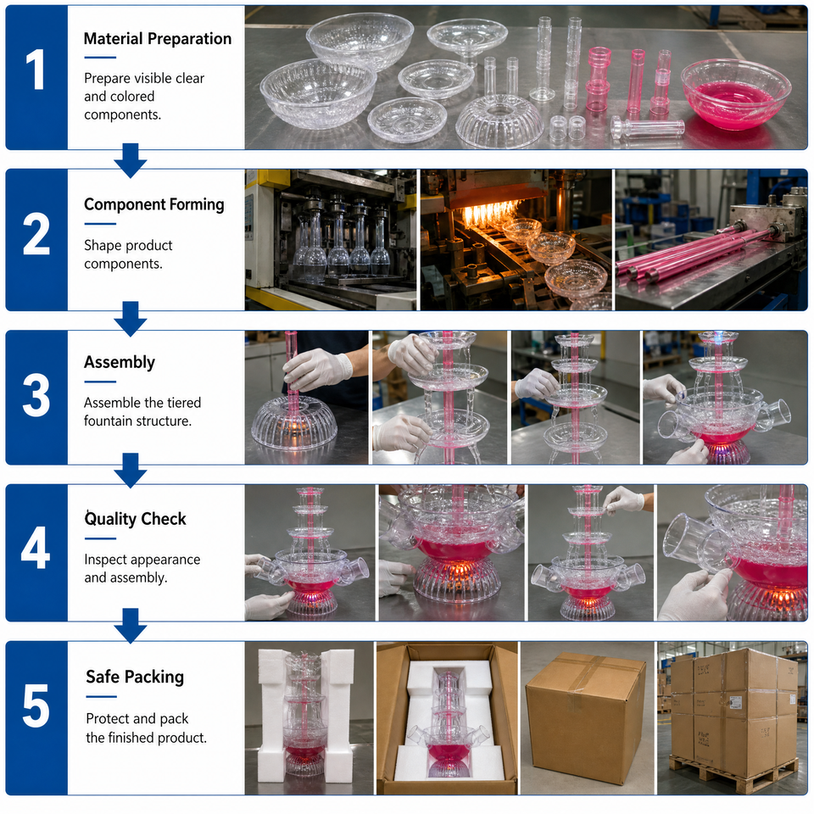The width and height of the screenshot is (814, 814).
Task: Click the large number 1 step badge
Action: (x=36, y=70)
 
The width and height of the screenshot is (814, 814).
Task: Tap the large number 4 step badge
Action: (x=36, y=547)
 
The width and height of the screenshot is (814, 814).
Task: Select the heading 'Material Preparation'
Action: (x=158, y=38)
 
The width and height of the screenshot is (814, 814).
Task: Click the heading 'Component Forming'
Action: (x=154, y=204)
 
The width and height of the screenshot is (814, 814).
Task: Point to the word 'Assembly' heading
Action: (x=120, y=362)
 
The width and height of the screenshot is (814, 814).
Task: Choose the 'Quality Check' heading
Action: (x=135, y=519)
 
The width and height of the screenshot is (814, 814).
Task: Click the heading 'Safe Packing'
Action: (x=135, y=677)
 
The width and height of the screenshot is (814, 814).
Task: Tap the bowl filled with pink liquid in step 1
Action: (x=736, y=94)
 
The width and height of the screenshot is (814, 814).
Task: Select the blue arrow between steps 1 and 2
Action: (x=130, y=160)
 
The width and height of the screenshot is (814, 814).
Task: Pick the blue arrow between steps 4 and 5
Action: (x=130, y=626)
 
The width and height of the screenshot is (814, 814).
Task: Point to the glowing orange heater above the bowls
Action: (x=488, y=213)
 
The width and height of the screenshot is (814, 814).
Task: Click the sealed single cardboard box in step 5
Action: (x=586, y=718)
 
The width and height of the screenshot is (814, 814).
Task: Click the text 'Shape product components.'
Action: (x=128, y=254)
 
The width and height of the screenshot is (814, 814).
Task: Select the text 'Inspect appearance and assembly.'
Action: (x=142, y=568)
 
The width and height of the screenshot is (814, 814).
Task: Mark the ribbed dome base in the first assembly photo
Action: (x=294, y=423)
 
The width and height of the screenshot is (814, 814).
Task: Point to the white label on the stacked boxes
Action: (x=736, y=702)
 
